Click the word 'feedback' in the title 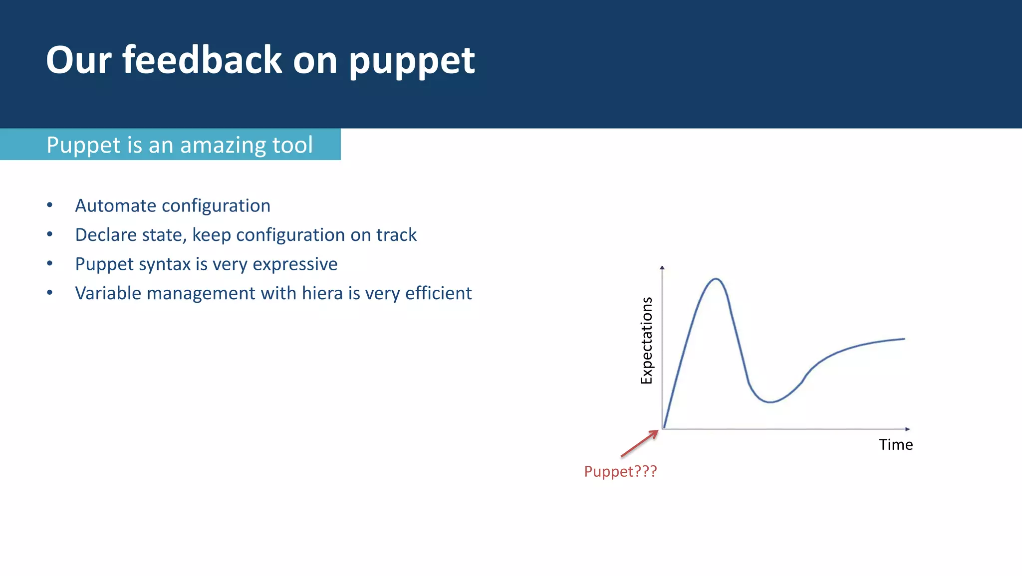(202, 60)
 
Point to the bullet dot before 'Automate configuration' (49, 205)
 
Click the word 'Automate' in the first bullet (116, 205)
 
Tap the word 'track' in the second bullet (396, 235)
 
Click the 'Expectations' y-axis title (646, 340)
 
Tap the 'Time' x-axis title (896, 444)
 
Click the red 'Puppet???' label (620, 471)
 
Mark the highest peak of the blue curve (716, 279)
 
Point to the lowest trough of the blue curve (770, 402)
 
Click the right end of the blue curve (903, 339)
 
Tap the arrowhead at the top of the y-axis (662, 268)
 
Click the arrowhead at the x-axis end (908, 429)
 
